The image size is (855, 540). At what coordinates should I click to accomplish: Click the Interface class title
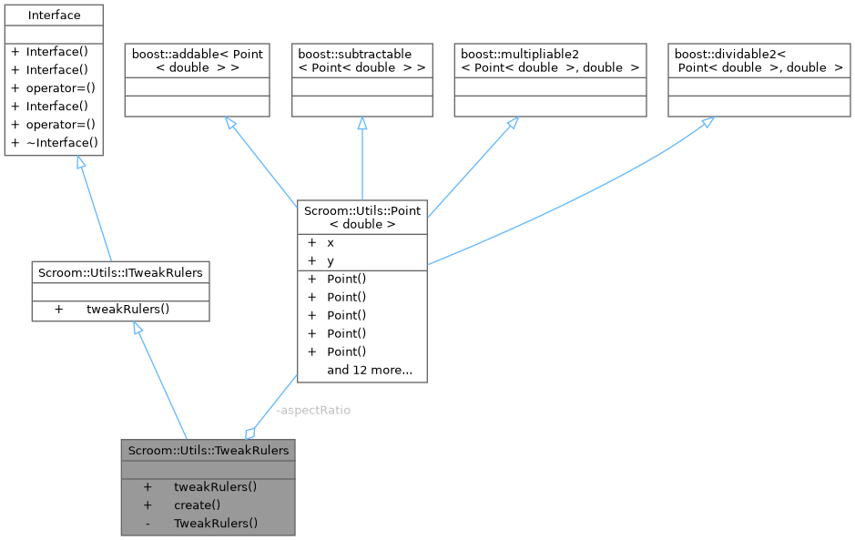point(54,15)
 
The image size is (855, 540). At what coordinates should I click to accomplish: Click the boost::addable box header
point(197,60)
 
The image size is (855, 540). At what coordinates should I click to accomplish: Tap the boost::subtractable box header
point(361,60)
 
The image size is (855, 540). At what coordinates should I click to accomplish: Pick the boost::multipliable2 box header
point(550,60)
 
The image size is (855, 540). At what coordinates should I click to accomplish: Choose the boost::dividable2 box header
point(758,60)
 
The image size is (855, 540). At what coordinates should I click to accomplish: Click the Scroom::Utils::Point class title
point(362,217)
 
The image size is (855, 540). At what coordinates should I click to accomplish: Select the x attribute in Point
point(331,243)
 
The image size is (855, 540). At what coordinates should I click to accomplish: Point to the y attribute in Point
point(331,260)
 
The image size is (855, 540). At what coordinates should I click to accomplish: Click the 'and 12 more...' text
point(370,370)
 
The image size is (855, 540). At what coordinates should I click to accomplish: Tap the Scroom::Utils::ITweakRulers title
point(120,271)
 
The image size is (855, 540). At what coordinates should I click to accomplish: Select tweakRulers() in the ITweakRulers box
point(127,309)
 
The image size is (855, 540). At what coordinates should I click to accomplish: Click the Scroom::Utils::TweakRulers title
point(209,450)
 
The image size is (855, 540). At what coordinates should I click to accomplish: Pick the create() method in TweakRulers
point(197,504)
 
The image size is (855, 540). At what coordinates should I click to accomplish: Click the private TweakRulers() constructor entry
point(216,523)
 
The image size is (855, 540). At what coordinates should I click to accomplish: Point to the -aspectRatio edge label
point(312,410)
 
